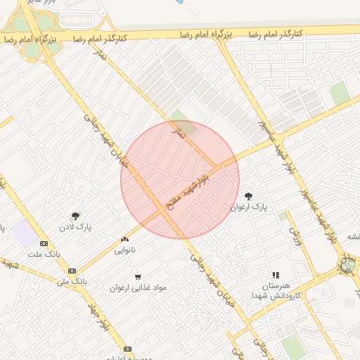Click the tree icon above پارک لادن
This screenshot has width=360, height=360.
point(76,216)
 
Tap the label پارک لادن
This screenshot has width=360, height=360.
point(76,227)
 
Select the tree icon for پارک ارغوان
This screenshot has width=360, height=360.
point(248,196)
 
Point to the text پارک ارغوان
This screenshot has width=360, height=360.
point(250,207)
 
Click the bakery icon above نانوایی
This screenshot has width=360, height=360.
point(125,240)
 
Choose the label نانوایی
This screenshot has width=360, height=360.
point(125,250)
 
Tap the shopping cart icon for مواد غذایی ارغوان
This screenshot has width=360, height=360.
point(138,277)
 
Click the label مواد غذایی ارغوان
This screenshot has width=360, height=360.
point(138,288)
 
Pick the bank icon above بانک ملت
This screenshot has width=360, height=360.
point(44,243)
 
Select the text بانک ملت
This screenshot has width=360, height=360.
point(44,254)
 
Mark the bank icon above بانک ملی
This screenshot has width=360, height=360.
point(72,270)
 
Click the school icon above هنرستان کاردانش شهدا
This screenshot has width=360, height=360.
point(276,275)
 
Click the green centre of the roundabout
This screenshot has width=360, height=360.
point(347,265)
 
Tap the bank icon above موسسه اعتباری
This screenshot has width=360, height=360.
point(127,349)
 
